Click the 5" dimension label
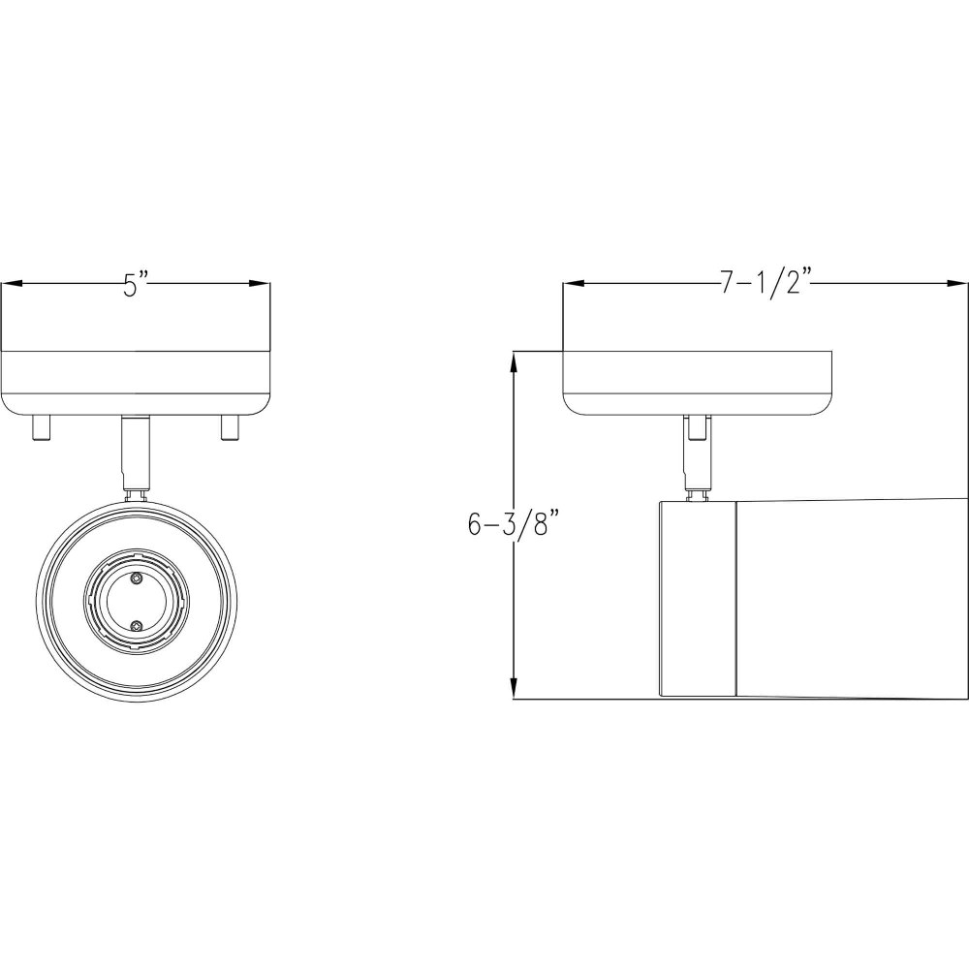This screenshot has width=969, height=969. point(136,284)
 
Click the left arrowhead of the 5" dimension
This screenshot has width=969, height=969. point(12,284)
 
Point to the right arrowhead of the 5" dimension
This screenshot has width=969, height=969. point(260,284)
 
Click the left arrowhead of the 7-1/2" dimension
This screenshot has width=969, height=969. point(573,284)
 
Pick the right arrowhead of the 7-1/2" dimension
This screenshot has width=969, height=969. point(957,284)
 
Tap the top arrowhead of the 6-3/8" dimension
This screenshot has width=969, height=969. point(513,362)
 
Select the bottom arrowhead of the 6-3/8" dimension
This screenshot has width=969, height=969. point(513,688)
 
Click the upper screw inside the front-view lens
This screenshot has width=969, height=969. point(137,578)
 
